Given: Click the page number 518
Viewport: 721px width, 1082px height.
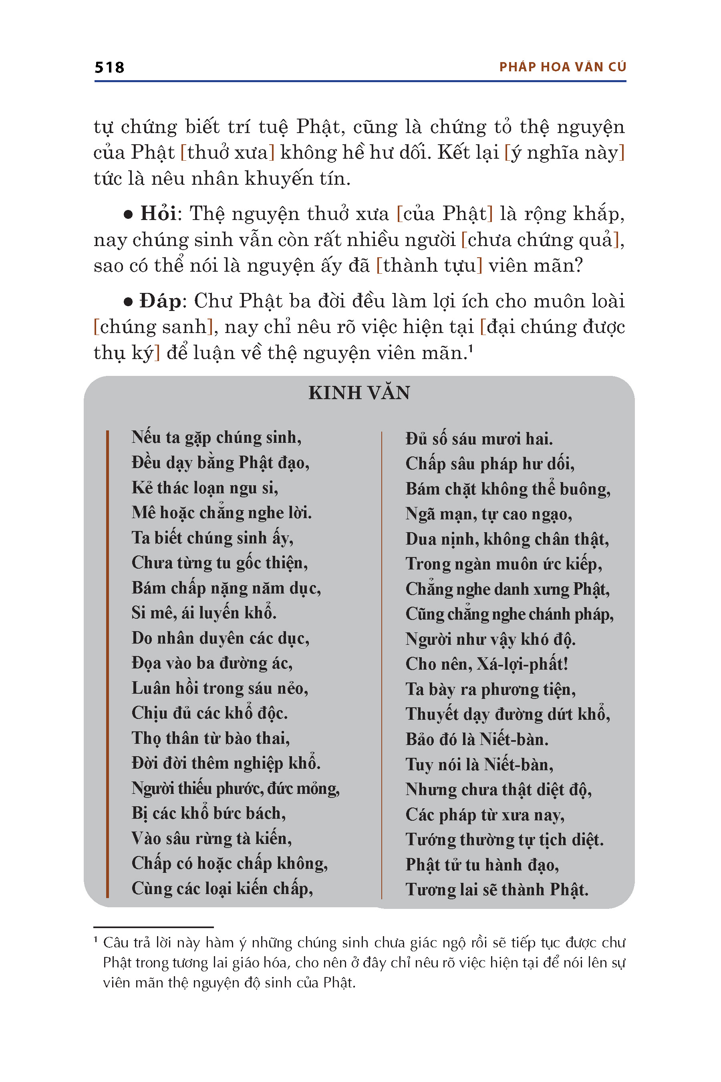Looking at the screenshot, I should click(109, 68).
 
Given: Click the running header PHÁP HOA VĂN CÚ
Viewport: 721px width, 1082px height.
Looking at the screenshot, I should click(562, 67).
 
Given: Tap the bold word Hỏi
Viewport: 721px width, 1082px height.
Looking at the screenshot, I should click(158, 214).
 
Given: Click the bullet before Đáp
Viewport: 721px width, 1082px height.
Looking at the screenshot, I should click(128, 302).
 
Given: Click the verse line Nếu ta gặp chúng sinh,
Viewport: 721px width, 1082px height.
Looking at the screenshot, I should click(216, 437).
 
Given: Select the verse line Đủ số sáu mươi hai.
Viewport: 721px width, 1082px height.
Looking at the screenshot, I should click(479, 439).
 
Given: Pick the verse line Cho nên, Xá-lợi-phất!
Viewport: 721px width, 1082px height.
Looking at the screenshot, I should click(487, 664).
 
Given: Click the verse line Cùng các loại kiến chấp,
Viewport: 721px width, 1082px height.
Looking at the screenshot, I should click(222, 888).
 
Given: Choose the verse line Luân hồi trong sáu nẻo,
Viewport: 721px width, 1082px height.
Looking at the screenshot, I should click(220, 688).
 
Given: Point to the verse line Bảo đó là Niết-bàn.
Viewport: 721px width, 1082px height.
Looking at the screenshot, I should click(477, 739).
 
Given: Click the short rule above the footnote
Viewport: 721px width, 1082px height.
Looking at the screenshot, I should click(153, 927).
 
